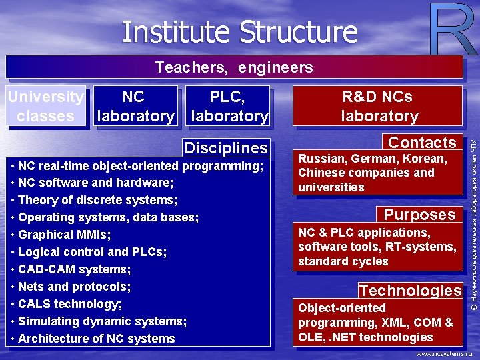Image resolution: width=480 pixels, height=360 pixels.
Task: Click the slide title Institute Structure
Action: (240, 31)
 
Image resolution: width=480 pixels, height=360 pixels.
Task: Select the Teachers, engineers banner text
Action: (234, 67)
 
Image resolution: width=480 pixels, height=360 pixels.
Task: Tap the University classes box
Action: (46, 106)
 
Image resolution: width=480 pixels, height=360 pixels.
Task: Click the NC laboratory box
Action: (135, 106)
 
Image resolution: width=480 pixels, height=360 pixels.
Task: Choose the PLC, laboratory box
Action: (229, 106)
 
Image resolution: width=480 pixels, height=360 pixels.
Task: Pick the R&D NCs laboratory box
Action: (379, 106)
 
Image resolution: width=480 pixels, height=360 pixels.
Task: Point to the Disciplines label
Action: (226, 148)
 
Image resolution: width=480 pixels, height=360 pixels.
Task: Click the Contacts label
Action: (422, 143)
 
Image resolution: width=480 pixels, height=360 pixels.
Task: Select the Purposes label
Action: (419, 215)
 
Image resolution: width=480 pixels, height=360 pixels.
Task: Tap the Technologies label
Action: (410, 291)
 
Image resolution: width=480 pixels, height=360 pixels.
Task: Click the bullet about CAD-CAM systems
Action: (74, 269)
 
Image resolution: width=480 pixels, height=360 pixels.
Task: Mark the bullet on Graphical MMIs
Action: (64, 235)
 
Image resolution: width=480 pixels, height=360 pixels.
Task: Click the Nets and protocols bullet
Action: (74, 287)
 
